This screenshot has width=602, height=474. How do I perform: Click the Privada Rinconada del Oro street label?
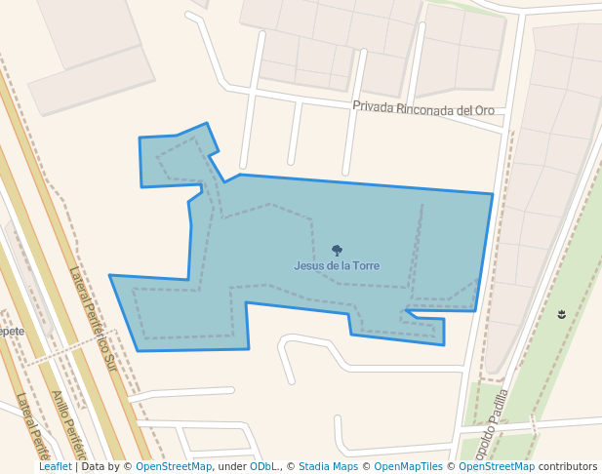point(423,108)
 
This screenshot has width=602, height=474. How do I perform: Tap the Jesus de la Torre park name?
point(337,265)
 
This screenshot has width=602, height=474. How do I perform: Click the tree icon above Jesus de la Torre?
point(337,251)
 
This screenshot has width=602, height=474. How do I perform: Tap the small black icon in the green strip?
point(561,314)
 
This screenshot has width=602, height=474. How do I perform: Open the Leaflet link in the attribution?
point(55,467)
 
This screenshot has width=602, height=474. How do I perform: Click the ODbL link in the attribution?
point(263,467)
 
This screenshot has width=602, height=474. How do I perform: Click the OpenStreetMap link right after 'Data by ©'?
point(174,467)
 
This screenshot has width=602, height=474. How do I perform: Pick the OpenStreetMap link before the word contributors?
point(497,467)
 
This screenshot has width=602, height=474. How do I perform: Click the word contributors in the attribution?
point(568,467)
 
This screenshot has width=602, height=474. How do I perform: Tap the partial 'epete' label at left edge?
point(12,331)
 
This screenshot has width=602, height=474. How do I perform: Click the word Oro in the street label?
point(485,111)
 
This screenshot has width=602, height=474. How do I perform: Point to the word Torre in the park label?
point(365,265)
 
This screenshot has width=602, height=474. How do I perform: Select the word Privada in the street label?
point(373,105)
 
